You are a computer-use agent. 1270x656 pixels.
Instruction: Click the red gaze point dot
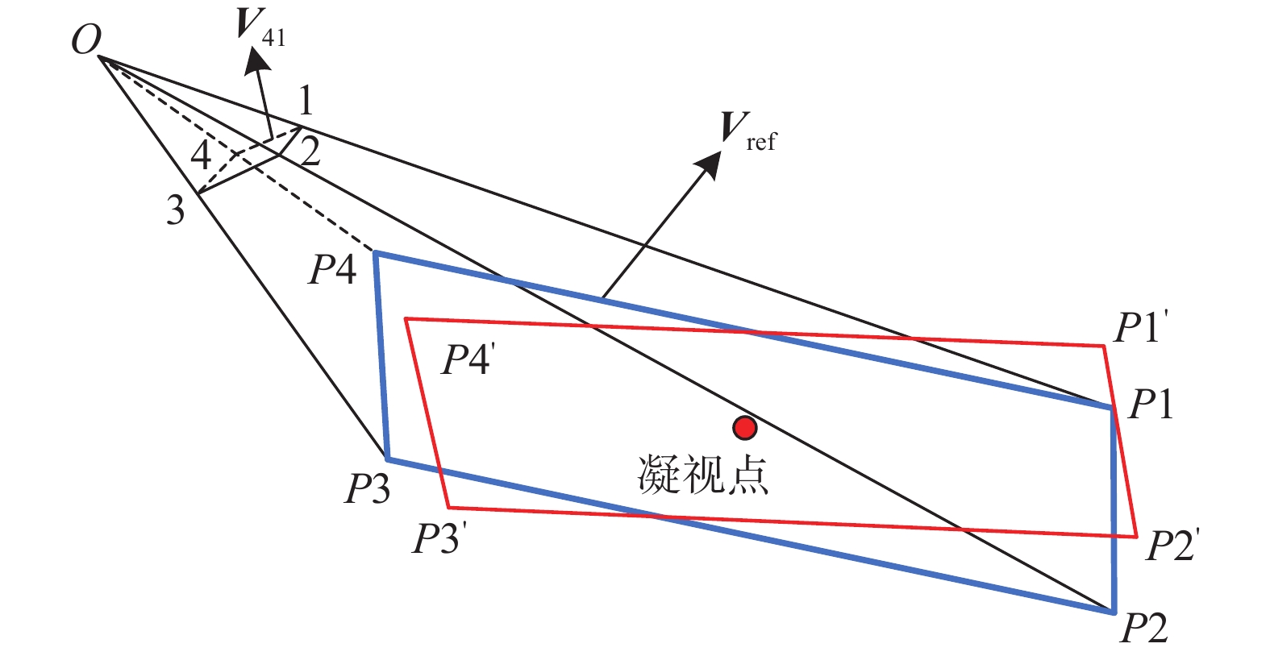(744, 428)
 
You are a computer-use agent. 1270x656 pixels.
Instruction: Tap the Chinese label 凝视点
(702, 475)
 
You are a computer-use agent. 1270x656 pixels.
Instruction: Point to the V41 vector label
(260, 27)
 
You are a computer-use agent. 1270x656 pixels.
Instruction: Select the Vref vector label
(747, 132)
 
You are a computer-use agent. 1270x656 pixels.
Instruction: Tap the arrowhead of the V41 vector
(256, 60)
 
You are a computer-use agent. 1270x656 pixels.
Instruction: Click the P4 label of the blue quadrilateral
(332, 270)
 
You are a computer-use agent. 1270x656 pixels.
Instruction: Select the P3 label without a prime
(368, 488)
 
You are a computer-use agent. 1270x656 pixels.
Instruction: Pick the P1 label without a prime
(1151, 405)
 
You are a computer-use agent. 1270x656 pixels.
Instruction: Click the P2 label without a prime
(1144, 628)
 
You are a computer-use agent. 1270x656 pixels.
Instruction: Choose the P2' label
(1172, 545)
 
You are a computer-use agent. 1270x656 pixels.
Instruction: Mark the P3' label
(439, 538)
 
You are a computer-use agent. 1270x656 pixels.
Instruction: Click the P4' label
(468, 359)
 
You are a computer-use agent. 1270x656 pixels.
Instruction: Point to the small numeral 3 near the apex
(176, 210)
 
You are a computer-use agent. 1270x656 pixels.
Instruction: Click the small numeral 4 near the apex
(201, 155)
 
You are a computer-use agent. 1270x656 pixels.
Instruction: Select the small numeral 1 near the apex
(306, 100)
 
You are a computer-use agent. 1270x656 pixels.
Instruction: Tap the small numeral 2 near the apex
(310, 152)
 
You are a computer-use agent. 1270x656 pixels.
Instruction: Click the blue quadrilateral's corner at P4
(375, 253)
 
